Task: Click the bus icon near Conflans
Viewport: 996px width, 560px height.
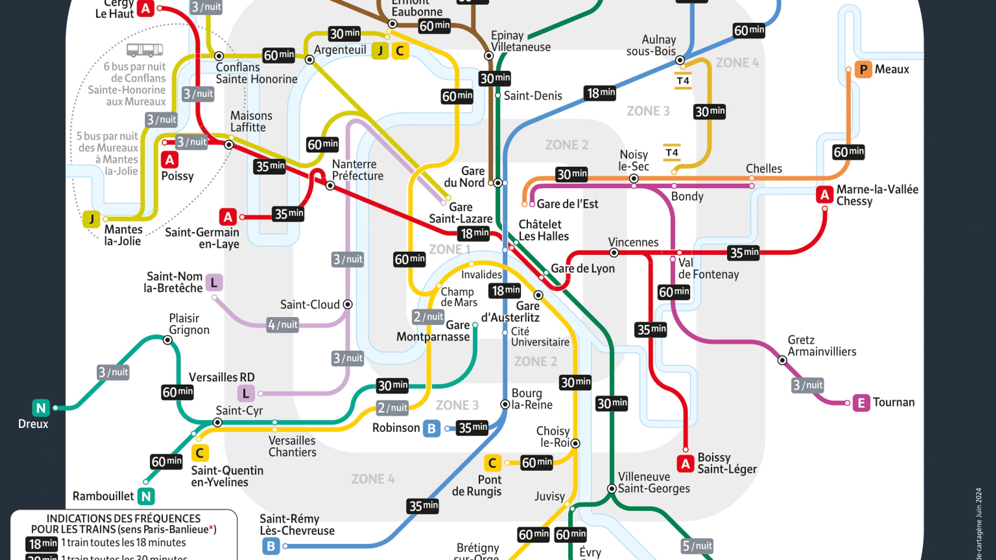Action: click(145, 50)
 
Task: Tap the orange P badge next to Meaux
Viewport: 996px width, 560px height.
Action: click(863, 70)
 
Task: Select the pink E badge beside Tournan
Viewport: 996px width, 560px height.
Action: click(861, 403)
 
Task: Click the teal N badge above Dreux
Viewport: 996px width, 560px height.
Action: click(41, 408)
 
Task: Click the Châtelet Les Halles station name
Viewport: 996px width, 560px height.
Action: click(543, 230)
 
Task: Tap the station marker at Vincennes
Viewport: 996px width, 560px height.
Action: click(614, 253)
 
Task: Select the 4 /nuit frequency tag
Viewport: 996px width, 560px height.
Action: click(283, 325)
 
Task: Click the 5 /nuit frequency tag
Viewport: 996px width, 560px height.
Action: click(697, 546)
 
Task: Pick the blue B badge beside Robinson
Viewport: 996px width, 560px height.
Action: click(432, 428)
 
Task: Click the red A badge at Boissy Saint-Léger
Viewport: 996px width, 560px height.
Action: click(685, 463)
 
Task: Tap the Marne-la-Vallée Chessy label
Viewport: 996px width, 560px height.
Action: click(877, 195)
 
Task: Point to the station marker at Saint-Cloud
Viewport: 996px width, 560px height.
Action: click(348, 305)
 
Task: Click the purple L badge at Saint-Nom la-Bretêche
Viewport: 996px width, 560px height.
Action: click(214, 283)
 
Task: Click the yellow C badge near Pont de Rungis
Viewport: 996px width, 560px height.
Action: click(492, 463)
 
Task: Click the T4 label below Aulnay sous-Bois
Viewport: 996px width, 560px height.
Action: click(683, 81)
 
